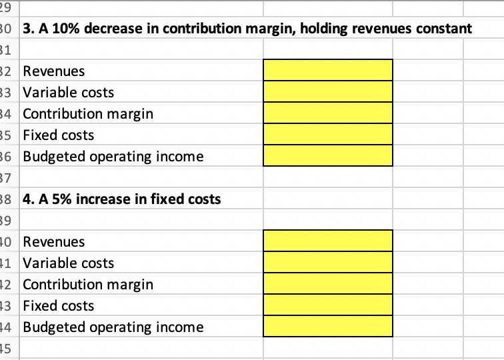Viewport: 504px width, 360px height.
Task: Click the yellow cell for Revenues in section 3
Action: click(328, 70)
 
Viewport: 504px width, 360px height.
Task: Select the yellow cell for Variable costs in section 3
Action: click(328, 91)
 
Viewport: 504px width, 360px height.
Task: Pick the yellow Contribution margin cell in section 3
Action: click(328, 113)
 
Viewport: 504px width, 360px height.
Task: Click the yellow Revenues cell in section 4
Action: click(328, 241)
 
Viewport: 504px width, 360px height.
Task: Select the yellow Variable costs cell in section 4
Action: click(328, 262)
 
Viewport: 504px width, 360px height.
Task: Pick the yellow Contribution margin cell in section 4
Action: click(328, 283)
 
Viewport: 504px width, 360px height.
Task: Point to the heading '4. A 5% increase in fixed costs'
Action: click(122, 199)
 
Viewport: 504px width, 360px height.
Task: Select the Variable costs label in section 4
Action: click(69, 263)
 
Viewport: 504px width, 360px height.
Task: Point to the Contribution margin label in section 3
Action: click(88, 114)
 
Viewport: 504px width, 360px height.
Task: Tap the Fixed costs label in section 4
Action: click(59, 306)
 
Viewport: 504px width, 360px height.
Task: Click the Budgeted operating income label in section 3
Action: click(113, 157)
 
